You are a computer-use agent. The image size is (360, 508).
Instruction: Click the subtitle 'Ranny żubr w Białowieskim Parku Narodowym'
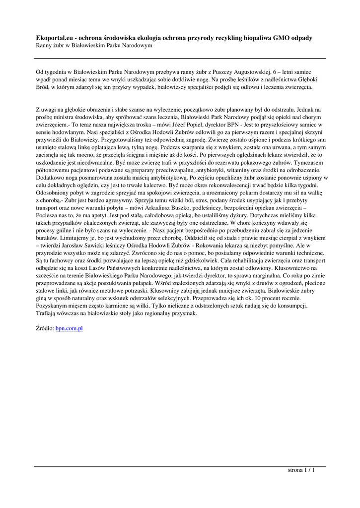click(94, 45)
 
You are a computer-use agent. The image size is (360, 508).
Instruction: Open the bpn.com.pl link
click(69, 328)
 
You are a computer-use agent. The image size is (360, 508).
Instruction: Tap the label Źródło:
click(45, 328)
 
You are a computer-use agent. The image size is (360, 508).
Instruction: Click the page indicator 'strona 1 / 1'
click(301, 470)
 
